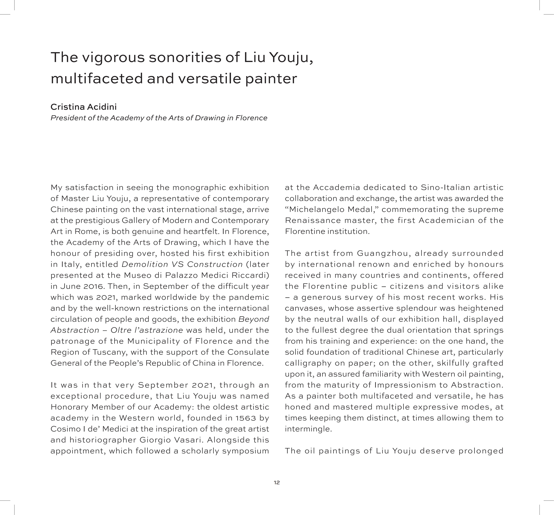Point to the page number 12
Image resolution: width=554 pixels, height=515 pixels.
(x=277, y=482)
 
